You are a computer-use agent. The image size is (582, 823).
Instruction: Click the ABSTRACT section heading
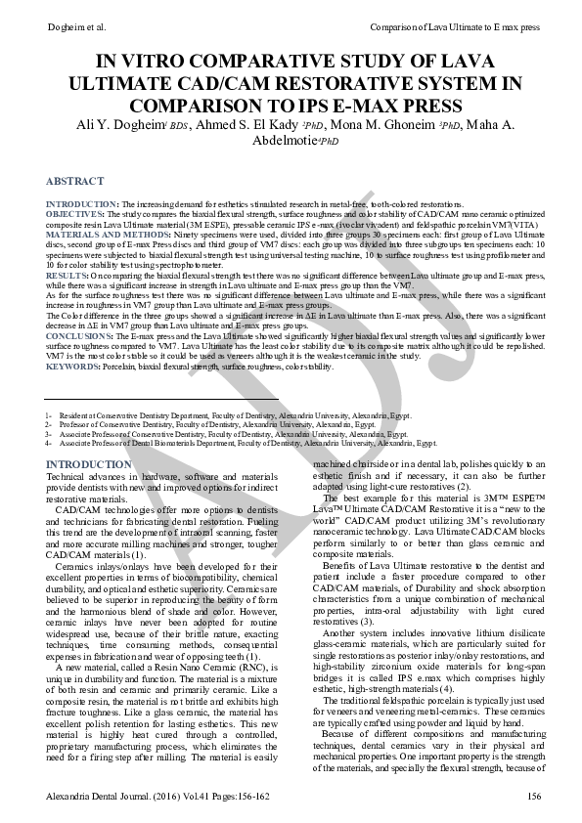(x=74, y=181)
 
